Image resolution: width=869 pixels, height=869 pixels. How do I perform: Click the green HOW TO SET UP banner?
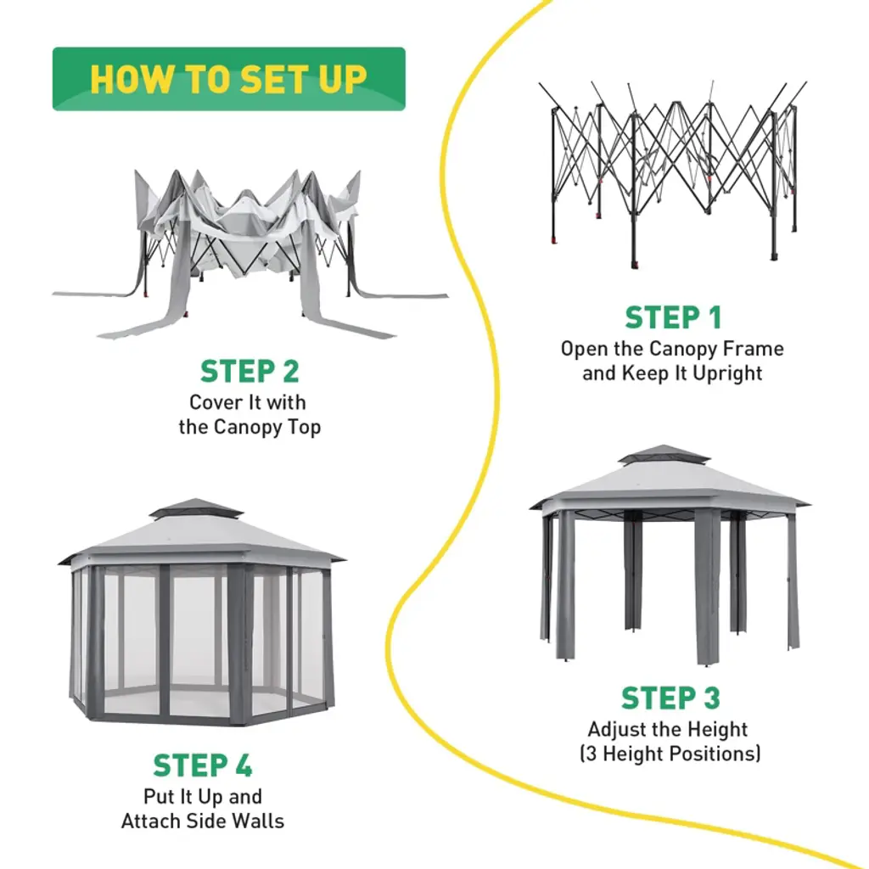coord(228,79)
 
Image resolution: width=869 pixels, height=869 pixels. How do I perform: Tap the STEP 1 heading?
coord(673,317)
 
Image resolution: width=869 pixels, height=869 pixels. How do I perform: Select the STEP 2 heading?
coord(249,372)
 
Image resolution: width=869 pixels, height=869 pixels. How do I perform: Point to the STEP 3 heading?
coord(670,698)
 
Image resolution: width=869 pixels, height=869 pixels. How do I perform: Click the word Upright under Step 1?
coord(723,373)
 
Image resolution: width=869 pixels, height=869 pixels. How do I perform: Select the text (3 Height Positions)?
coord(670,754)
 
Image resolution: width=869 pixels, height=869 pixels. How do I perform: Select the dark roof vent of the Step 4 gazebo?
coord(196,508)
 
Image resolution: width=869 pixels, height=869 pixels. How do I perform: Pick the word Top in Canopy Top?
coord(306,427)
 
